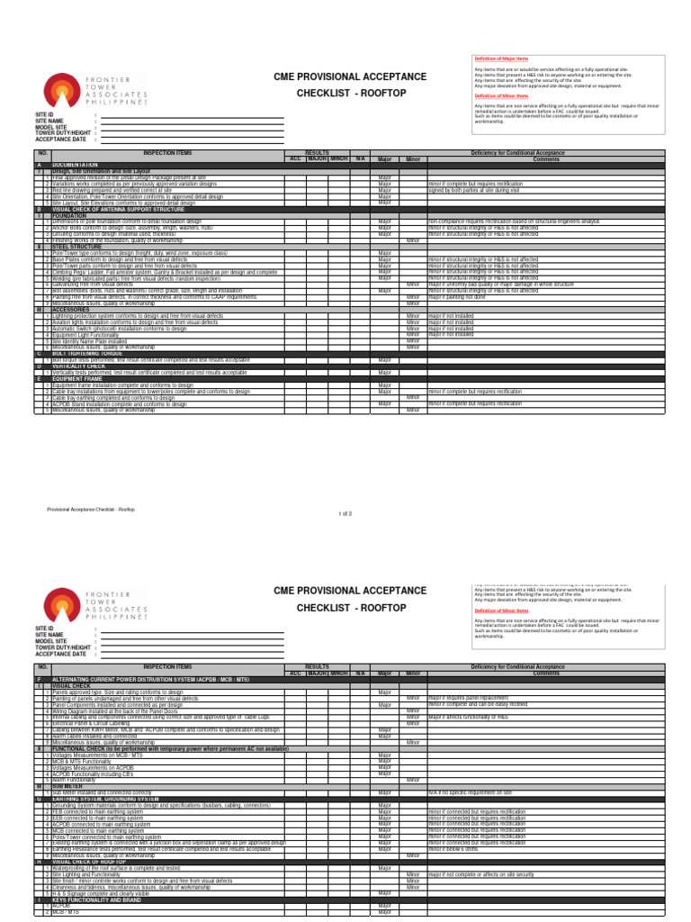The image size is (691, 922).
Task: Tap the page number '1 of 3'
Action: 345,513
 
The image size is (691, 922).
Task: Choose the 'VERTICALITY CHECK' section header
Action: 81,366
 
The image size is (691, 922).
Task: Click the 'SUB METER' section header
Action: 68,785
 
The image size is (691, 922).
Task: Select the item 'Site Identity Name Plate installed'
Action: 90,340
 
